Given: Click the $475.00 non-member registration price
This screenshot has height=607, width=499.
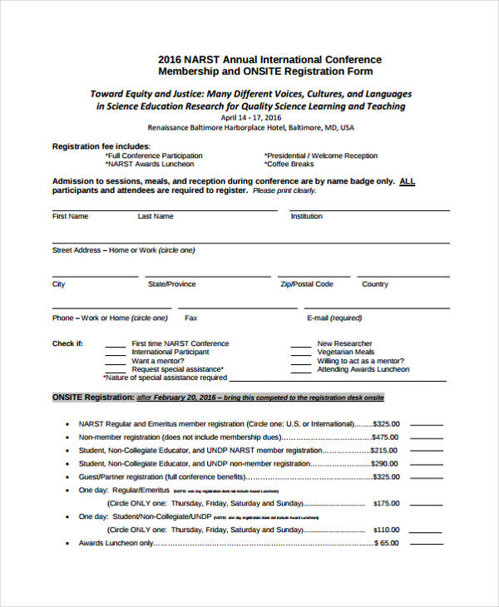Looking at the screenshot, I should [385, 437].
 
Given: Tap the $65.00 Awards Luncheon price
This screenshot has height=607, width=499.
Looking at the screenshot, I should [388, 543].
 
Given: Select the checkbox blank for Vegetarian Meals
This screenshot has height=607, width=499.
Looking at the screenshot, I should [300, 353].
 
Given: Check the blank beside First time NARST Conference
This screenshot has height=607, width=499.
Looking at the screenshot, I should [116, 344].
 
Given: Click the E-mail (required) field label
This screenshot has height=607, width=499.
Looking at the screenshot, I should [334, 318].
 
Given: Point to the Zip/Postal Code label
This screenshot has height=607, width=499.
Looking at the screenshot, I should [307, 284].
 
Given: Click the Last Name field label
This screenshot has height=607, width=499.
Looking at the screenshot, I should [156, 216].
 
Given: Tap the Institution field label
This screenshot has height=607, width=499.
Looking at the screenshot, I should [306, 216].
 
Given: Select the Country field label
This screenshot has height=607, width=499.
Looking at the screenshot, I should [375, 284].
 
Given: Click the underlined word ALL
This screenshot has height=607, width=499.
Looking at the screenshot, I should [408, 180].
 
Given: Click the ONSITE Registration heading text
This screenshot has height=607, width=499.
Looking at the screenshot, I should [93, 397].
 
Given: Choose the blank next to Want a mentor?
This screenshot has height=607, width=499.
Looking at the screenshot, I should [116, 362].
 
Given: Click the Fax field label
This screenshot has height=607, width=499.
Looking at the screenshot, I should [190, 318].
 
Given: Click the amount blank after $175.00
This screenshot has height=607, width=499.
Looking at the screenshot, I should [427, 503].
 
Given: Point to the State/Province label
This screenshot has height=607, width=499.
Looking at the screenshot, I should [172, 284].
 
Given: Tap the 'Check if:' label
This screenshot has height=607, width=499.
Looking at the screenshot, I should [67, 343].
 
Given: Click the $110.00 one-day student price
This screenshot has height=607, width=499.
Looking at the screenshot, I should [386, 530].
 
